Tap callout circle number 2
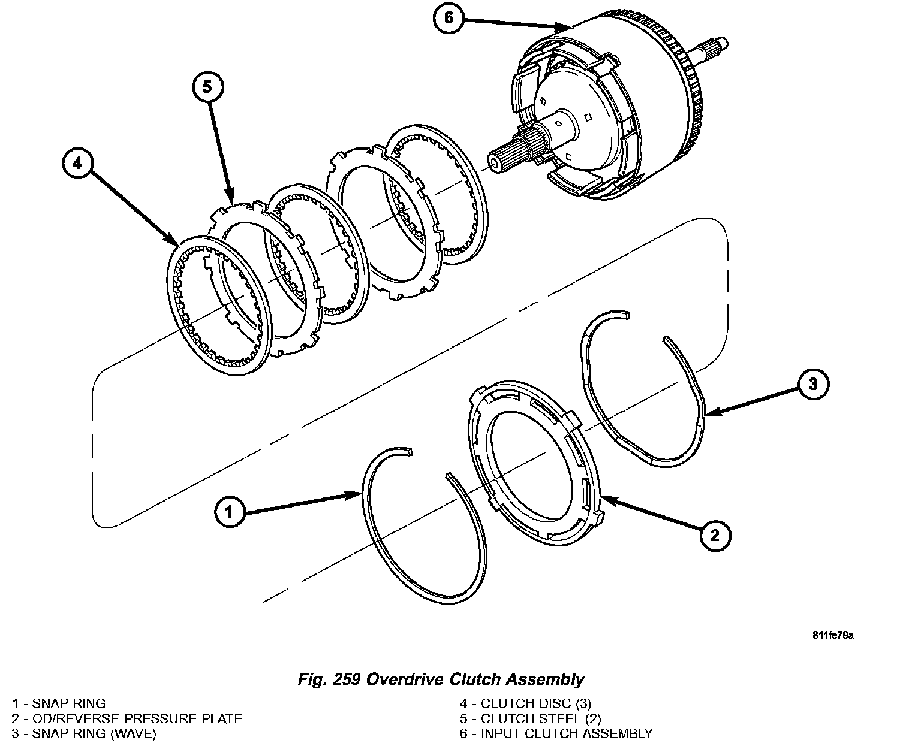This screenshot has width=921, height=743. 714,535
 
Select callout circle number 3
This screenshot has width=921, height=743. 812,384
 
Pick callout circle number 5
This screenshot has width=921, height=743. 207,87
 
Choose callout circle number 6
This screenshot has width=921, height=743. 449,18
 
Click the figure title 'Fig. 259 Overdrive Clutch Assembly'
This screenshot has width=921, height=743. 441,679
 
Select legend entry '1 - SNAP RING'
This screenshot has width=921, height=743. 59,703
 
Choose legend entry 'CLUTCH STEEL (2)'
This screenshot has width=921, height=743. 530,718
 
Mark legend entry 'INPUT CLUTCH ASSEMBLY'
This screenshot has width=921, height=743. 556,733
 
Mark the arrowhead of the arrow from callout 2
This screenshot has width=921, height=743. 601,498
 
